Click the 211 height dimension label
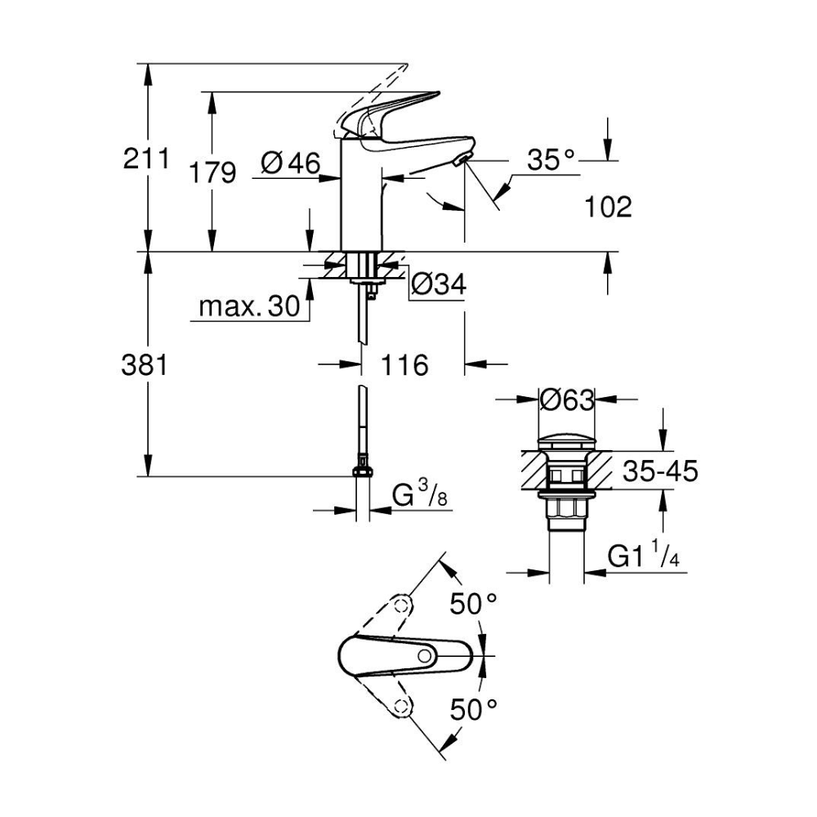[x=146, y=158]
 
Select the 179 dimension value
[x=212, y=172]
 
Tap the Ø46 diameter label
[x=291, y=163]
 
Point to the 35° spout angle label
[x=551, y=159]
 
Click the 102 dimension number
[x=608, y=207]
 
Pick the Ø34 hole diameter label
[x=438, y=284]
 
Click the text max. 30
[x=249, y=306]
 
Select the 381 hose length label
[x=145, y=364]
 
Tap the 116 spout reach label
[x=405, y=364]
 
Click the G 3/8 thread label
[x=419, y=494]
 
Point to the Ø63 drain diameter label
[x=567, y=400]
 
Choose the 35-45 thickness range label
[x=660, y=471]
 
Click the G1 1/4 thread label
[x=644, y=556]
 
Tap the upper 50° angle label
[x=473, y=604]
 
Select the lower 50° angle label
[x=473, y=709]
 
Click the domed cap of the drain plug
[x=566, y=442]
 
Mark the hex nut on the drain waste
[x=566, y=507]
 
